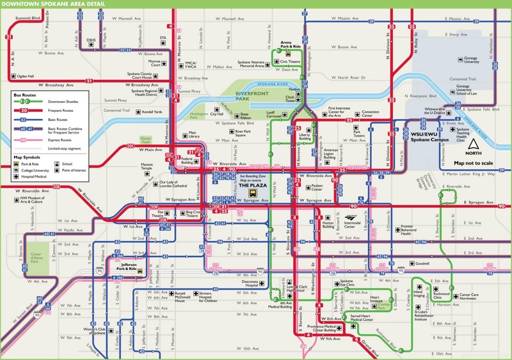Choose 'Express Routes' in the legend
(x=60, y=137)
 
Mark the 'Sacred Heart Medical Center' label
(x=360, y=317)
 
